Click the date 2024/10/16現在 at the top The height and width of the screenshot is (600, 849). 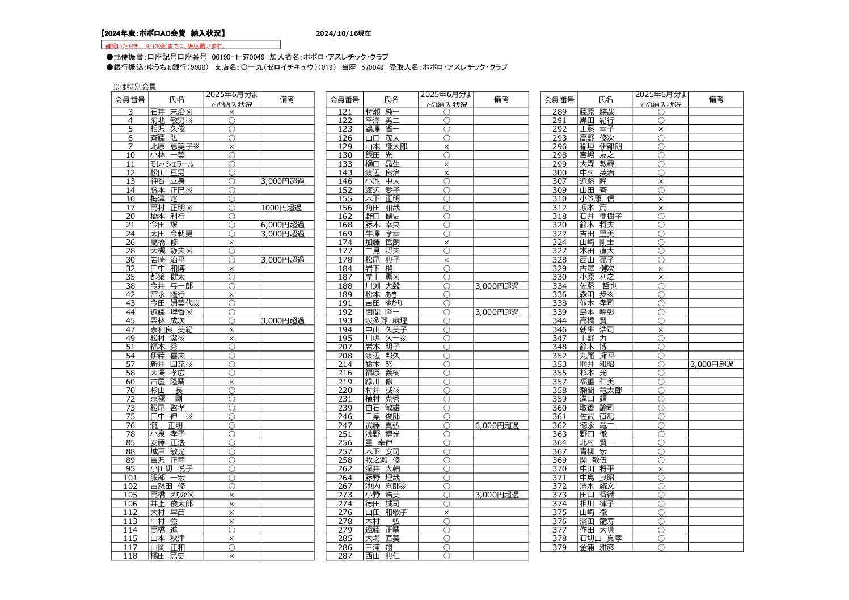coord(343,33)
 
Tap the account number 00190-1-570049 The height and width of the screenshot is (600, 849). coord(238,57)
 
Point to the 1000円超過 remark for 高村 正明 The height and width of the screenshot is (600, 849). coord(281,208)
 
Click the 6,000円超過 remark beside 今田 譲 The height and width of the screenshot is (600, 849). coord(282,225)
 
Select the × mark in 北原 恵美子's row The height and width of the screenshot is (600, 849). coord(231,146)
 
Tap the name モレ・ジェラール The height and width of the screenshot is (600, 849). coord(171,164)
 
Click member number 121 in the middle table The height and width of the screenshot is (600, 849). coord(345,112)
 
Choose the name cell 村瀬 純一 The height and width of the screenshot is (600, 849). coord(382,112)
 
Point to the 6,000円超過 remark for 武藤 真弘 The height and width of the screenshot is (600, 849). coord(497,425)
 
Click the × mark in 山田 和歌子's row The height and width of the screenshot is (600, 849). coord(446,512)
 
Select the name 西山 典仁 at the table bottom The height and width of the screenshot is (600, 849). coord(382,556)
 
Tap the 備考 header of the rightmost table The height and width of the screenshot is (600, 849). coord(716,99)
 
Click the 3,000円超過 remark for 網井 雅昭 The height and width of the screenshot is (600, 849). coord(712,364)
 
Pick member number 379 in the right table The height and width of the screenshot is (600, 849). coord(559,547)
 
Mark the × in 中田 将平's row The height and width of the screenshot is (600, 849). coord(661,469)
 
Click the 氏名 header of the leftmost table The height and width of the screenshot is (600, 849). coord(176,99)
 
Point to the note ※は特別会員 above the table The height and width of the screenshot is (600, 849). coord(134,87)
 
